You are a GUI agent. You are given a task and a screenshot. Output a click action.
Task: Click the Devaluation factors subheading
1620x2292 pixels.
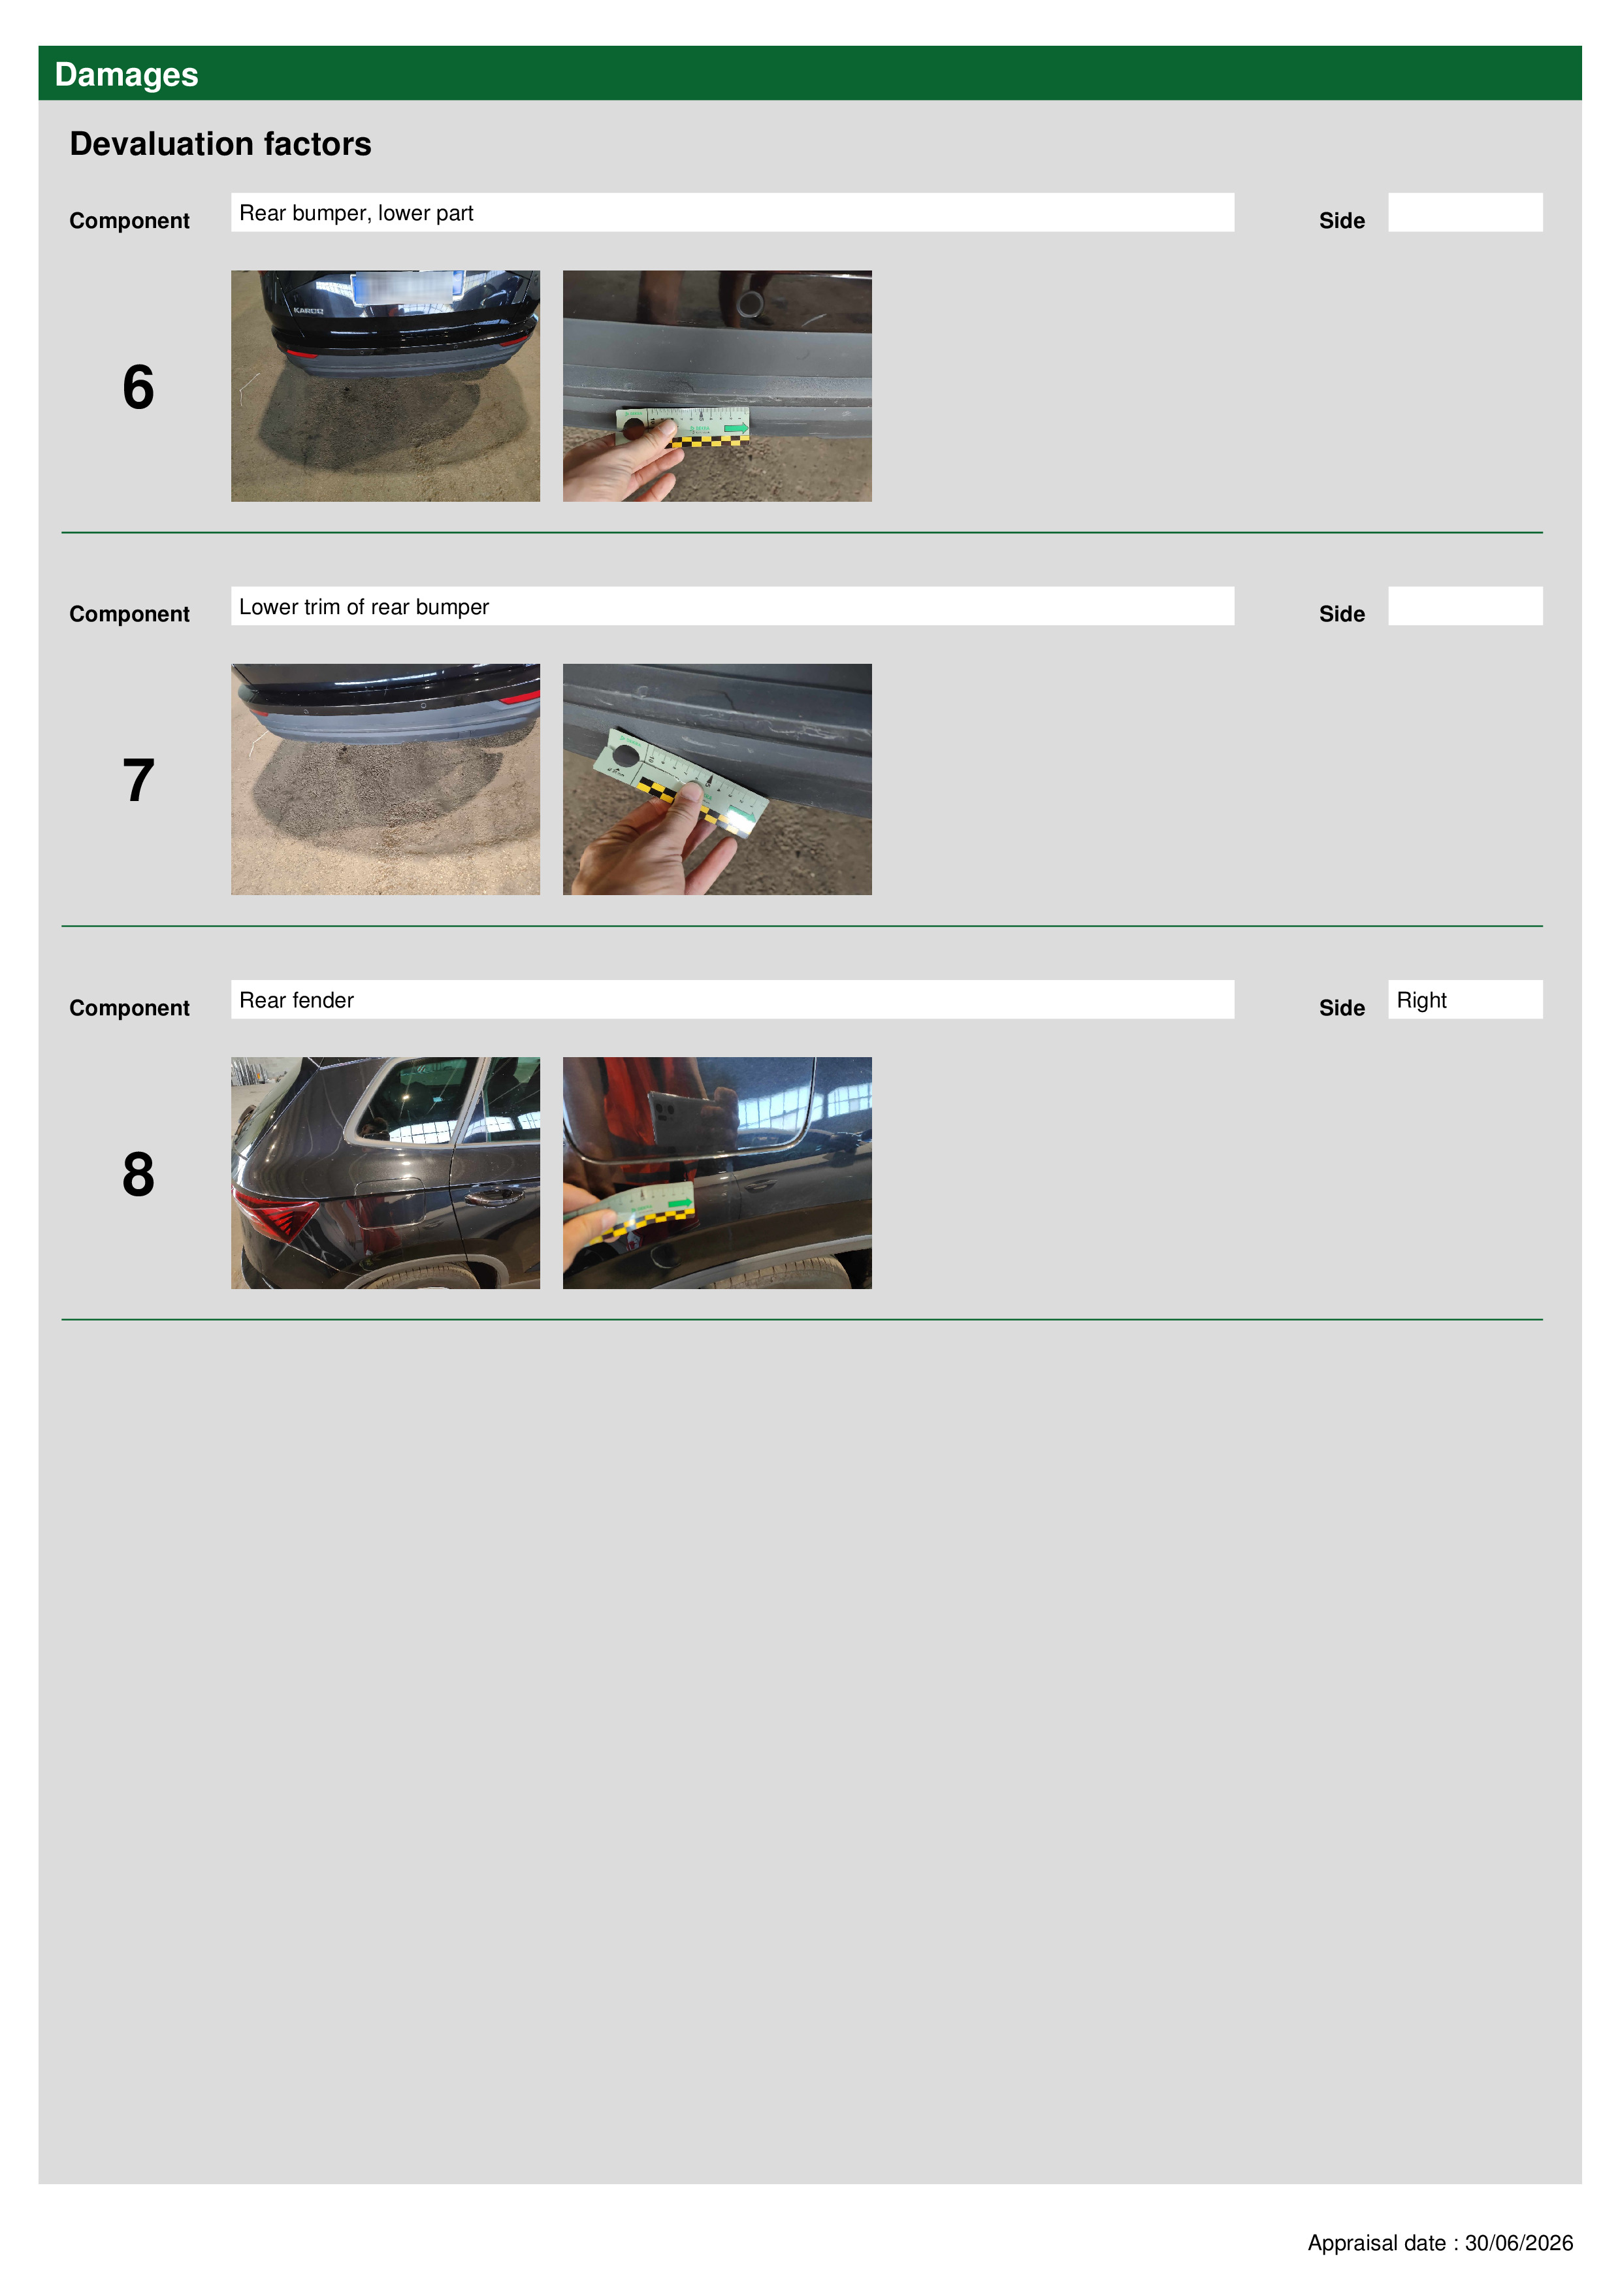[x=221, y=144]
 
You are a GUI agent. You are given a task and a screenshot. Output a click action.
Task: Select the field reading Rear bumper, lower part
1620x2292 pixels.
[x=732, y=212]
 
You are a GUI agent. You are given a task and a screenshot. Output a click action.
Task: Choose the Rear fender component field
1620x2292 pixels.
[x=732, y=999]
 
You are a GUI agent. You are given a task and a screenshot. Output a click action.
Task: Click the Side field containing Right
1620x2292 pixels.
[x=1465, y=999]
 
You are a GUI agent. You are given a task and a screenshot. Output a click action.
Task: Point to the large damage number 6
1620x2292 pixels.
[x=138, y=387]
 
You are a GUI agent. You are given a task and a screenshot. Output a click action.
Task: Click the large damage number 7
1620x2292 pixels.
[x=138, y=781]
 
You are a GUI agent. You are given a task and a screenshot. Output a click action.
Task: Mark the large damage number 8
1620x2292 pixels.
[x=138, y=1174]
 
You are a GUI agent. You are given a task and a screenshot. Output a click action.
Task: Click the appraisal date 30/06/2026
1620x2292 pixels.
[x=1518, y=2242]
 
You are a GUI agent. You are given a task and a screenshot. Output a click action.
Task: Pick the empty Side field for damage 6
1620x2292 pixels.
[x=1465, y=212]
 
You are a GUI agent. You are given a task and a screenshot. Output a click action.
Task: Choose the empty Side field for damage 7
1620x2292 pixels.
[x=1465, y=606]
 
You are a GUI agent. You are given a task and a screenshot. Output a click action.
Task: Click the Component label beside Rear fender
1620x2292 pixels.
[x=129, y=1008]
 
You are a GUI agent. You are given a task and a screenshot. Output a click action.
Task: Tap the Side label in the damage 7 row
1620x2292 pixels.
[x=1342, y=614]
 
